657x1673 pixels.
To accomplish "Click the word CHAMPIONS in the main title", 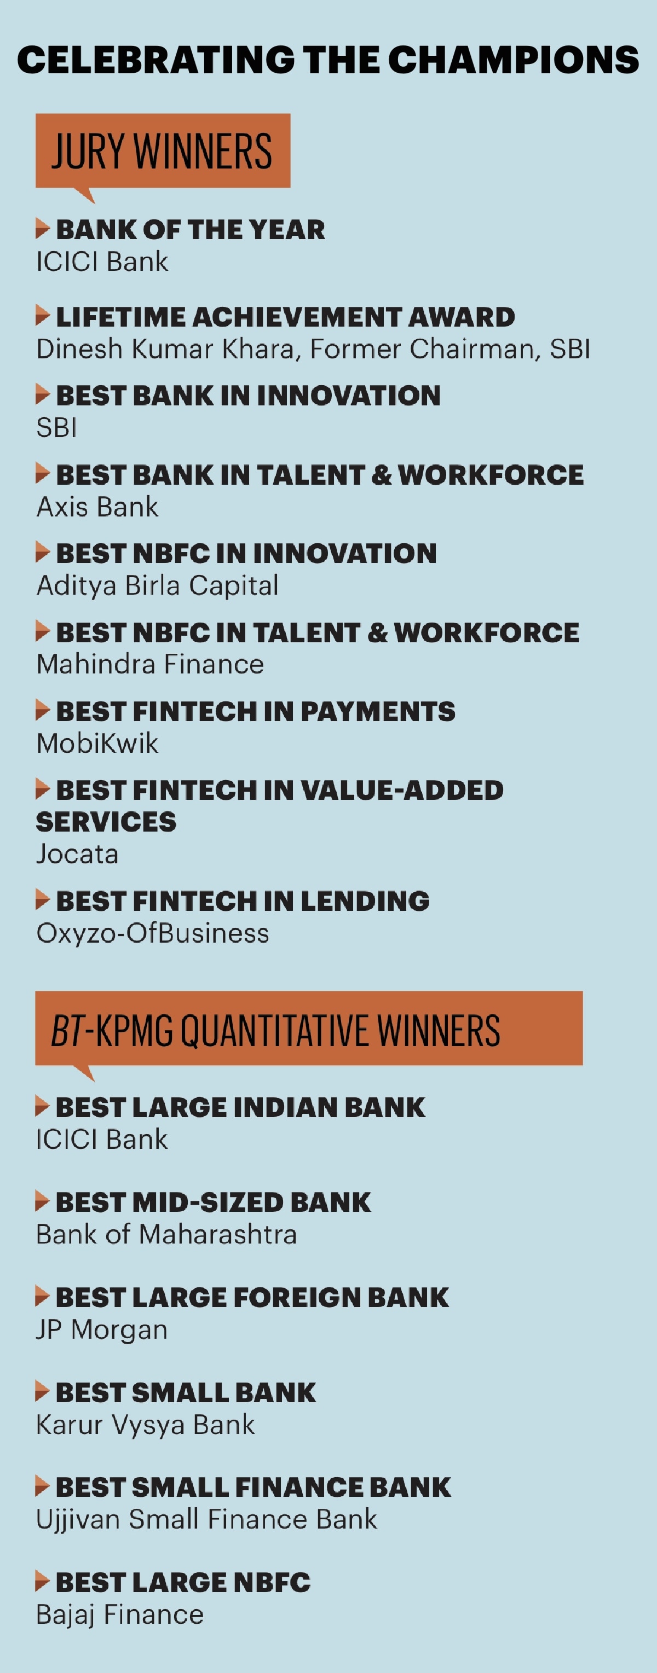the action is point(514,60).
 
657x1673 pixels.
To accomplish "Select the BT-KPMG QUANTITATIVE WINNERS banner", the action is point(309,1029).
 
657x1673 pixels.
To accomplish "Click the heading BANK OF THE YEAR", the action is point(191,229).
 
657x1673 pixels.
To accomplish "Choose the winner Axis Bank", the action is point(97,507).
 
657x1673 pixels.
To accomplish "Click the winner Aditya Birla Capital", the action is point(158,586).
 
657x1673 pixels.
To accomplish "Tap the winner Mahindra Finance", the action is point(150,664).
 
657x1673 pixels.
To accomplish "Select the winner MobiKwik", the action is point(97,743).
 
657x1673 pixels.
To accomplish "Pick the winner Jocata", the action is point(77,854).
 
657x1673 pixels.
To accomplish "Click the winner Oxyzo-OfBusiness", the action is point(153,933).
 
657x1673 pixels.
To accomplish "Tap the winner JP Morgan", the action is point(102,1330).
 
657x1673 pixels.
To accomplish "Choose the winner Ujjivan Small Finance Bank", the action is point(206,1520).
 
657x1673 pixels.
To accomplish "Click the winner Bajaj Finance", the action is point(120,1614).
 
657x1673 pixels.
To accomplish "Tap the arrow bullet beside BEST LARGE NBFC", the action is point(43,1582).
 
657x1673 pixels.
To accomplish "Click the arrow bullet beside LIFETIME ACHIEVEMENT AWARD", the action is point(43,316).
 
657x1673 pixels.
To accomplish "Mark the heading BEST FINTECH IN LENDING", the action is point(243,901).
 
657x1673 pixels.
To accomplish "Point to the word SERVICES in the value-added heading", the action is point(106,822).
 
